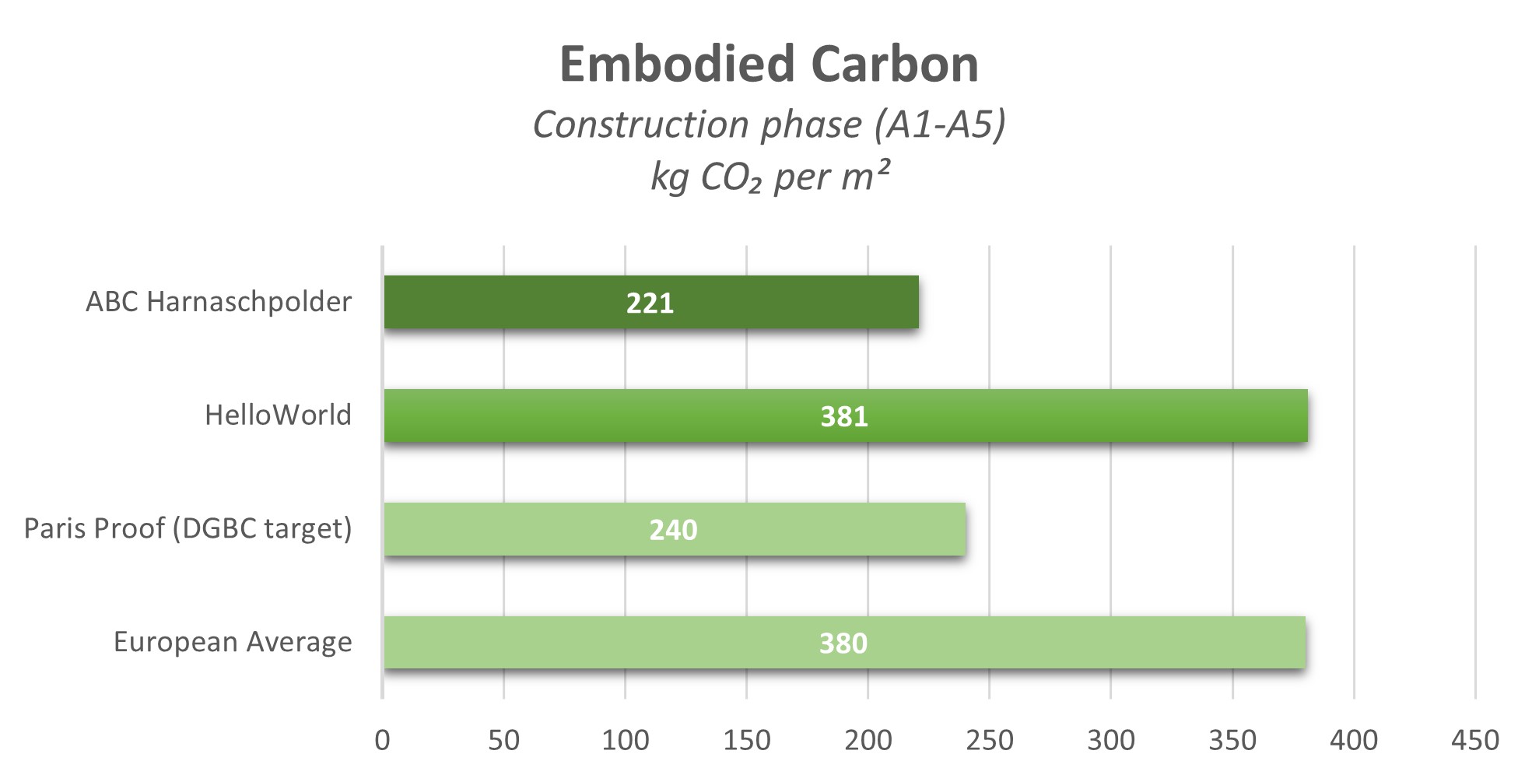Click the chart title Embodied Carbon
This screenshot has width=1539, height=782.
point(769,64)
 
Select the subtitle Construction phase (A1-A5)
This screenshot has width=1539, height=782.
point(769,124)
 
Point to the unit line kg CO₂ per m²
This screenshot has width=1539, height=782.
point(769,177)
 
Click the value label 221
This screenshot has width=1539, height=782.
point(650,303)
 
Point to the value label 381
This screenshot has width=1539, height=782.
point(844,417)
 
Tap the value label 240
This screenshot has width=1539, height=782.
point(673,531)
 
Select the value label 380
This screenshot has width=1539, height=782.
point(843,643)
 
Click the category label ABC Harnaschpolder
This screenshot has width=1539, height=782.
point(219,302)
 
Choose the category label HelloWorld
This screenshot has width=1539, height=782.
point(278,416)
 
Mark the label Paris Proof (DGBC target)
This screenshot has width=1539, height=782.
point(188,529)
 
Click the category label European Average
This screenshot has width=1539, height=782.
point(233,643)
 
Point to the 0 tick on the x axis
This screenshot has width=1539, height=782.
point(382,740)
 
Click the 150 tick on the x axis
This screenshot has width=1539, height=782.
point(746,740)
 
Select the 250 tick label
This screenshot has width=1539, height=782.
point(989,740)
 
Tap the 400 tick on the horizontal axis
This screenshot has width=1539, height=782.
point(1353,740)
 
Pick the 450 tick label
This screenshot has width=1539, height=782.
point(1474,740)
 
